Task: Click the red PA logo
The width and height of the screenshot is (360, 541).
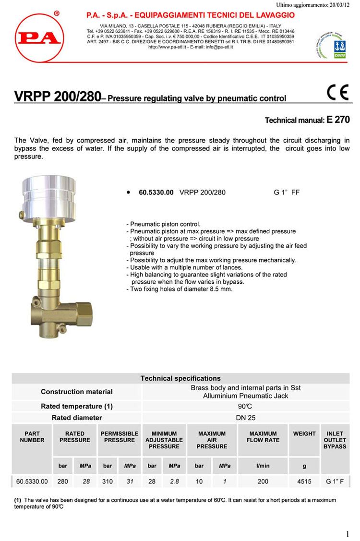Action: coord(39,38)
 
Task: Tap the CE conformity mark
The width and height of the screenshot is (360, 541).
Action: coord(337,92)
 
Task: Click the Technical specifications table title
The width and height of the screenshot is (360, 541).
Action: coord(180,378)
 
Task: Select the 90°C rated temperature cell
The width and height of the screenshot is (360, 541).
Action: coord(245,406)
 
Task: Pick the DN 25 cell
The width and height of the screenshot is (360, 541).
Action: coord(246,418)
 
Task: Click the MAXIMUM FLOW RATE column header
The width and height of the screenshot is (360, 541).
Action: coord(263,437)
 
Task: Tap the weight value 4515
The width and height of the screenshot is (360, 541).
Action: coord(304,481)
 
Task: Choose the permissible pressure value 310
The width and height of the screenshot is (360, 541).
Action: coord(108,481)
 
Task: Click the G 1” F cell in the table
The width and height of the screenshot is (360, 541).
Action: coord(335,481)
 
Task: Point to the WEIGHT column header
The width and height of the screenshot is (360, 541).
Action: coord(304,433)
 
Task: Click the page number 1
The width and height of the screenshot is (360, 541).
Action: coord(347,534)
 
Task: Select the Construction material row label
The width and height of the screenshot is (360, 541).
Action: coord(77,392)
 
